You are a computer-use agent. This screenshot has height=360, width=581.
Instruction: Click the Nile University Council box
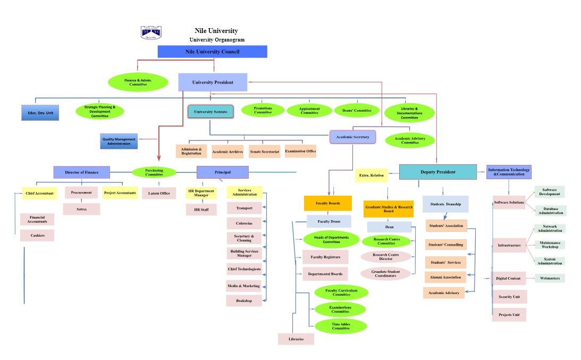pos(212,52)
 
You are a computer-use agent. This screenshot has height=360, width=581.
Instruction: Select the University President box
pos(213,82)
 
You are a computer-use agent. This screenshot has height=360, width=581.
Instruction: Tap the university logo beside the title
pos(150,33)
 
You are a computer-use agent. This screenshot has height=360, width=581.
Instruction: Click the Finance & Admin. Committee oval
pos(138,82)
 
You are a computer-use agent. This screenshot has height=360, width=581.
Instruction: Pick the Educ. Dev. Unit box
pos(37,113)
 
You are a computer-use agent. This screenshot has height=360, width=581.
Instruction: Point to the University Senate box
pos(210,112)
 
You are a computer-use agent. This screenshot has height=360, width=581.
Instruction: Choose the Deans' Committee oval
pos(357,110)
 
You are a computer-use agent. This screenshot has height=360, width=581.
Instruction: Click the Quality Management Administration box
pos(119,141)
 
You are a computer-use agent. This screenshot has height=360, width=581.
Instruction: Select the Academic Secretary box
pos(352,137)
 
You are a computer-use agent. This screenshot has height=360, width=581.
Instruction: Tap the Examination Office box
pos(300,151)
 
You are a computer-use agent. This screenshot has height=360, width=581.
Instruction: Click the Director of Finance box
pos(82,172)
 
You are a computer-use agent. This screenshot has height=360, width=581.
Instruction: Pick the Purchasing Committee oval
pos(154,172)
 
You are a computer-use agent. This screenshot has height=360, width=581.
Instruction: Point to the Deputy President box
pos(437,172)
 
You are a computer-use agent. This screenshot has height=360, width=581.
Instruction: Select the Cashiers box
pos(37,235)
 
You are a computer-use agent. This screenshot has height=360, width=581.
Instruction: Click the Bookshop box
pos(245,300)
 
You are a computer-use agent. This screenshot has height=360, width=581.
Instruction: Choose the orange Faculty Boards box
pos(328,203)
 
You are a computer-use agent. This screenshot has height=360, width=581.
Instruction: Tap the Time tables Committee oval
pos(341,326)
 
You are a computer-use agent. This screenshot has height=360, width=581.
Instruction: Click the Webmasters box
pos(550,278)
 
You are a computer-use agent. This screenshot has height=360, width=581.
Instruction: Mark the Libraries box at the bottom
pos(296,339)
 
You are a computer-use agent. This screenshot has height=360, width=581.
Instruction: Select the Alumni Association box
pos(445,277)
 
